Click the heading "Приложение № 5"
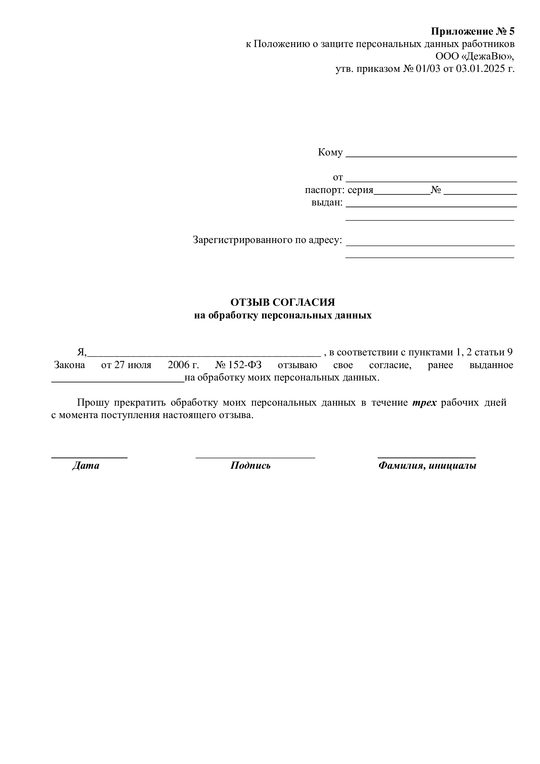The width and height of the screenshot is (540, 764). pyautogui.click(x=472, y=31)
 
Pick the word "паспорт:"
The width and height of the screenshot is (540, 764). pyautogui.click(x=325, y=190)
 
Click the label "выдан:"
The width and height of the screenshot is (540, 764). pyautogui.click(x=327, y=202)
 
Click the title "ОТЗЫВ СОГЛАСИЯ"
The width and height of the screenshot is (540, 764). pyautogui.click(x=283, y=302)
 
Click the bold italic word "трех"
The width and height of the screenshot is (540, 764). pyautogui.click(x=424, y=403)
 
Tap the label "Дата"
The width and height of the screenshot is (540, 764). pyautogui.click(x=86, y=465)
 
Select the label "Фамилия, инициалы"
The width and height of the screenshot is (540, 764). pyautogui.click(x=427, y=465)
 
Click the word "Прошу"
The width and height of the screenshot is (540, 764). pyautogui.click(x=93, y=403)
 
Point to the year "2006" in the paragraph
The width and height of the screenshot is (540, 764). pyautogui.click(x=178, y=365)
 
